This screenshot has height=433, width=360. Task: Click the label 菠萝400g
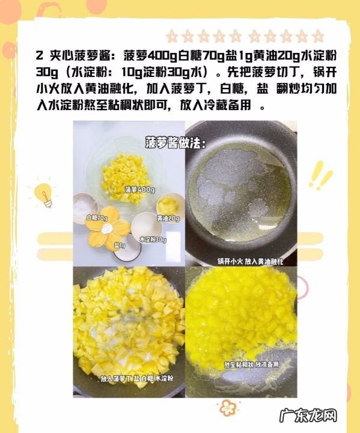pos(140,190)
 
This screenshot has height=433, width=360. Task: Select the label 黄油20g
pos(168,217)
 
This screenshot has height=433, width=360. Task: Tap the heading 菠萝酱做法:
pos(175,144)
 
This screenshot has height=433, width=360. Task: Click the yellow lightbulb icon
pos(44,194)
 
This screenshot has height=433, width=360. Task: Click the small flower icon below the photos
pos(227,407)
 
